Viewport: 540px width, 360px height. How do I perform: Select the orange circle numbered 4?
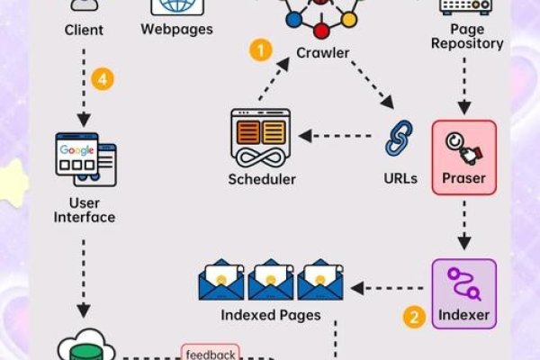[104, 78]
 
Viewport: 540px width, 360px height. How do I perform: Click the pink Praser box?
[464, 157]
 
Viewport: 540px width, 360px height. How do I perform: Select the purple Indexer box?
[464, 293]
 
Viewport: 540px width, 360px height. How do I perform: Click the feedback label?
[210, 354]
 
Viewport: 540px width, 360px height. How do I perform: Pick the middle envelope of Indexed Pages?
[272, 281]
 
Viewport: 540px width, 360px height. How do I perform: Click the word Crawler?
[322, 53]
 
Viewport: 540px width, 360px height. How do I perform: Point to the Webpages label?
[176, 29]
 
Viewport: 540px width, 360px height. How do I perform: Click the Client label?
[85, 30]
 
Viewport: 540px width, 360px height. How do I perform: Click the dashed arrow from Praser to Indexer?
[464, 225]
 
